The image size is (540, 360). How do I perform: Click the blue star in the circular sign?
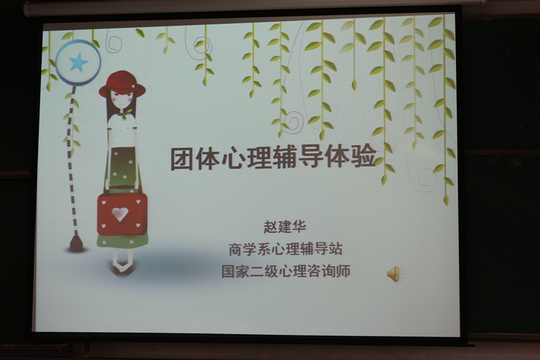point(79,62)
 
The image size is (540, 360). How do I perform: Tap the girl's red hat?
point(122,84)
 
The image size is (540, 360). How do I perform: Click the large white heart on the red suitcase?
point(120,214)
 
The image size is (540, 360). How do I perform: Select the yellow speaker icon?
point(393,274)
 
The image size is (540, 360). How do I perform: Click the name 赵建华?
point(285,226)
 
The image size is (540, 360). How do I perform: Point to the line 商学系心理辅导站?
point(285,249)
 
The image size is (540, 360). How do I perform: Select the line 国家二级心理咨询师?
point(286,271)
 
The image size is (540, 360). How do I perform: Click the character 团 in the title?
point(182,158)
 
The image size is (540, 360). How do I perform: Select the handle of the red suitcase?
point(123,188)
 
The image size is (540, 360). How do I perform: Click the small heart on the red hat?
point(133,85)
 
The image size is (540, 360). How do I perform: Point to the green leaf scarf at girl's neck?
point(124,114)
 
